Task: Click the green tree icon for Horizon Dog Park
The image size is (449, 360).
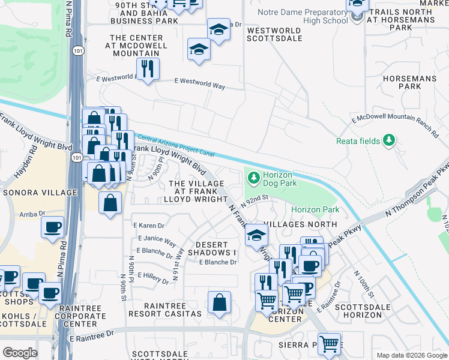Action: pyautogui.click(x=253, y=177)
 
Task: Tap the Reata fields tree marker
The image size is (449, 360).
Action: pyautogui.click(x=390, y=140)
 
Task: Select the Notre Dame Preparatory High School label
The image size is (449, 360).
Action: pyautogui.click(x=303, y=16)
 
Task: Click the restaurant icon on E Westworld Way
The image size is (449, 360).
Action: pyautogui.click(x=147, y=68)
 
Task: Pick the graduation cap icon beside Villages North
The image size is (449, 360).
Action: pyautogui.click(x=256, y=235)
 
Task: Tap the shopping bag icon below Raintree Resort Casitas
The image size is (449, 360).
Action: pyautogui.click(x=219, y=302)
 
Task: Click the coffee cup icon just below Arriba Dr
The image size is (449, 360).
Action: pyautogui.click(x=52, y=227)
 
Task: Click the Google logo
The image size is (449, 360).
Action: pyautogui.click(x=19, y=353)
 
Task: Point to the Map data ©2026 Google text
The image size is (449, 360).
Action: pyautogui.click(x=411, y=355)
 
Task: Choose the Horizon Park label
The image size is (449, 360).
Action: pyautogui.click(x=315, y=209)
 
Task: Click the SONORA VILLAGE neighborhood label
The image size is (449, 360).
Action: pyautogui.click(x=40, y=193)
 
